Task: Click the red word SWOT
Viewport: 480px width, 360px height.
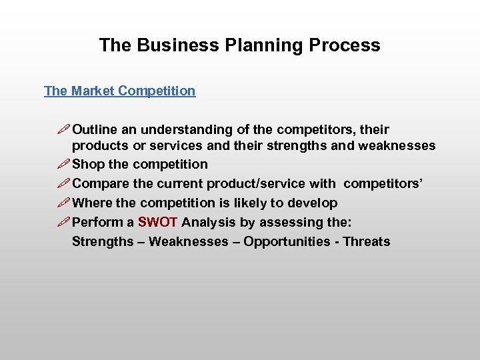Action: (157, 222)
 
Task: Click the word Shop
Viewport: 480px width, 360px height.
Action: (88, 164)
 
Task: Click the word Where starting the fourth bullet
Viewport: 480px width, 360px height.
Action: (92, 203)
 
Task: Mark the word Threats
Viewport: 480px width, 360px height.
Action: (366, 241)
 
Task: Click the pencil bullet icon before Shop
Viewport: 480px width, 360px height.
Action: (63, 164)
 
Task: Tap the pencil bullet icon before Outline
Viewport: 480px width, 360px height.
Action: (63, 129)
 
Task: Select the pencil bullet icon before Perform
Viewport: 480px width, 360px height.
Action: (63, 222)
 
